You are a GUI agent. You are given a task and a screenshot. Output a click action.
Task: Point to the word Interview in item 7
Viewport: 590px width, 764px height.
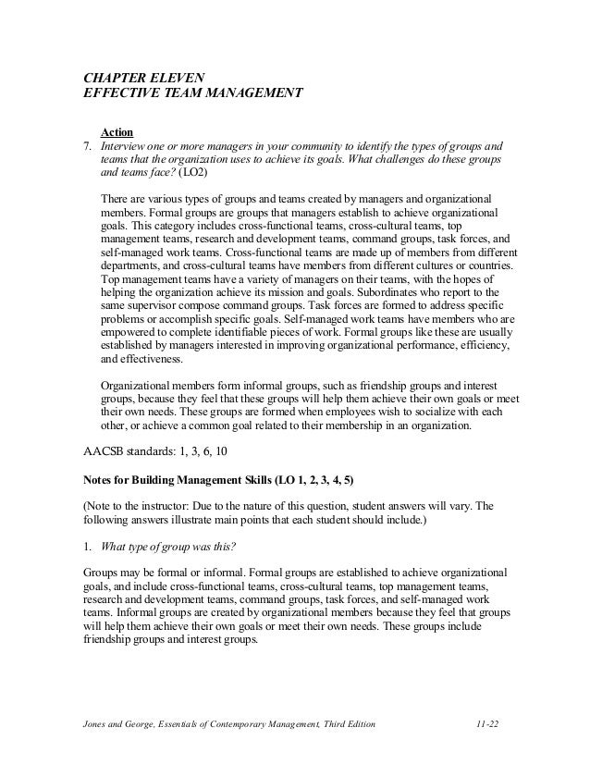tap(122, 147)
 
